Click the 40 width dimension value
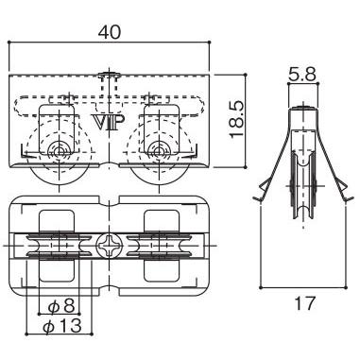(110, 32)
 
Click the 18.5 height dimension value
(237, 120)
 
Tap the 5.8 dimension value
(301, 75)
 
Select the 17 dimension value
(304, 303)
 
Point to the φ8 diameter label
(61, 305)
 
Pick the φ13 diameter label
(62, 326)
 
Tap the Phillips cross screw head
(108, 246)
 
